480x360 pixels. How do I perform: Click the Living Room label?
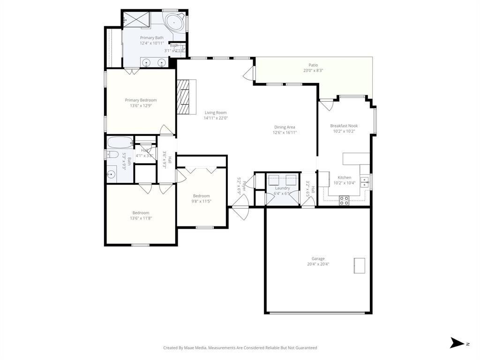pyautogui.click(x=215, y=112)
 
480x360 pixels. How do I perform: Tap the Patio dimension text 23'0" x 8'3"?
pyautogui.click(x=313, y=71)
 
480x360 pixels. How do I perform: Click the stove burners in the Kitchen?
pyautogui.click(x=344, y=200)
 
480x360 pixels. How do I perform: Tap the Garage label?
pyautogui.click(x=318, y=259)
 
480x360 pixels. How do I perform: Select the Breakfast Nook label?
pyautogui.click(x=344, y=126)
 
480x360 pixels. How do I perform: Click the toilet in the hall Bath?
pyautogui.click(x=112, y=155)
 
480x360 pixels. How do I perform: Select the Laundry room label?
pyautogui.click(x=282, y=188)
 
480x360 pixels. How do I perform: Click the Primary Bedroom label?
pyautogui.click(x=141, y=100)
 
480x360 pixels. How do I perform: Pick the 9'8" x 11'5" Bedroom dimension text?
pyautogui.click(x=201, y=202)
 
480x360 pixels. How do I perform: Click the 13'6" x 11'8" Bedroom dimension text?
pyautogui.click(x=141, y=218)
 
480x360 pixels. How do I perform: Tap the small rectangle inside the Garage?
pyautogui.click(x=359, y=266)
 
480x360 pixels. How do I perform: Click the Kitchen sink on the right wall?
pyautogui.click(x=364, y=181)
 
